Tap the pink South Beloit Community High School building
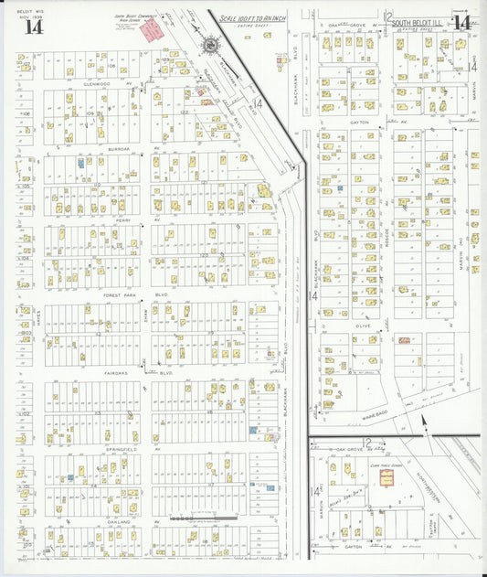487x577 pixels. pyautogui.click(x=151, y=29)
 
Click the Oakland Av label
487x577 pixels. pyautogui.click(x=125, y=521)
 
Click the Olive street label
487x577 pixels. pyautogui.click(x=364, y=324)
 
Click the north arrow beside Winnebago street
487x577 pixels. pyautogui.click(x=423, y=422)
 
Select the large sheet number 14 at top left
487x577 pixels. pyautogui.click(x=33, y=26)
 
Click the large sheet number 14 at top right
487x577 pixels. pyautogui.click(x=460, y=23)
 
